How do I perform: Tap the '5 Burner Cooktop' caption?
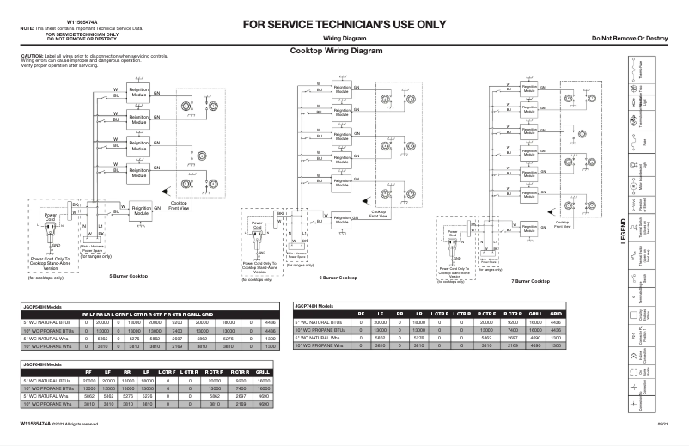128,276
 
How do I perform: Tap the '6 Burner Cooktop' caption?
338,278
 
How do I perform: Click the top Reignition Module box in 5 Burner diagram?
137,92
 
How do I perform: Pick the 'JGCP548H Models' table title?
41,305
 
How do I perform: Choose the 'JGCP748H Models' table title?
314,305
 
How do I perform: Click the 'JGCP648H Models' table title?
41,364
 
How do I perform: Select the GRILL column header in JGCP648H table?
263,373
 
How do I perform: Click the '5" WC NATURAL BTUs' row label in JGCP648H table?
44,380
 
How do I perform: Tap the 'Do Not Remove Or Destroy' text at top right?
630,39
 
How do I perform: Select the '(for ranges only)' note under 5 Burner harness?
94,256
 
